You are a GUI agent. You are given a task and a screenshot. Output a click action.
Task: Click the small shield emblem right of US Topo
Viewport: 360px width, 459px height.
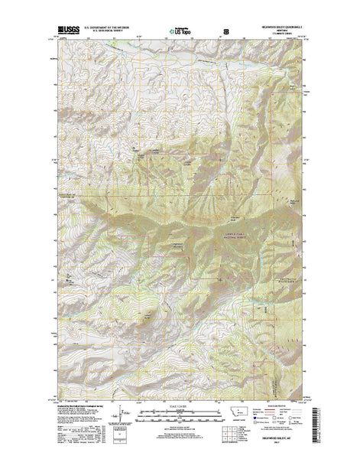click(225, 33)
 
